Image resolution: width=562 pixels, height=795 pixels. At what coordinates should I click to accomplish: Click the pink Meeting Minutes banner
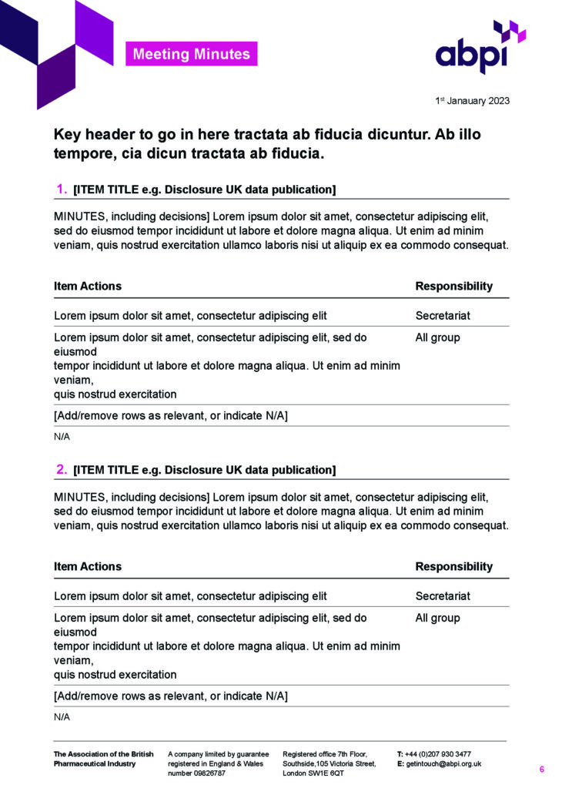click(191, 54)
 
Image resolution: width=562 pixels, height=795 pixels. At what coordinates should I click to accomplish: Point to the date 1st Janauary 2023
click(471, 101)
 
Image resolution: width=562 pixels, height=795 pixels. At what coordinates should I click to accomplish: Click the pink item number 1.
click(62, 190)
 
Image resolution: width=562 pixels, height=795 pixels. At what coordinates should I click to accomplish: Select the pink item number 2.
click(62, 469)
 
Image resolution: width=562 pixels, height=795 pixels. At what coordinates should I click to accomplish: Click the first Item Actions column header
click(88, 286)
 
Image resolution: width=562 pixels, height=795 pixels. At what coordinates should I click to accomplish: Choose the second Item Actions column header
click(88, 566)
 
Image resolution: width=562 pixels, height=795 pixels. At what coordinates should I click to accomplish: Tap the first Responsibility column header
click(453, 286)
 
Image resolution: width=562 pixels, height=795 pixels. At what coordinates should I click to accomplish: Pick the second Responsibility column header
click(453, 566)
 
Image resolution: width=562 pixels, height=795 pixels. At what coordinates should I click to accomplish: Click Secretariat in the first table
click(443, 315)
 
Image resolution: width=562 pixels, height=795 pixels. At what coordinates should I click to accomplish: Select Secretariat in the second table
click(443, 595)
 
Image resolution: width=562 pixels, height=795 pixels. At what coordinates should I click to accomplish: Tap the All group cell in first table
click(437, 337)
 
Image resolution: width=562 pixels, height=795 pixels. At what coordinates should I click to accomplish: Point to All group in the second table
click(437, 618)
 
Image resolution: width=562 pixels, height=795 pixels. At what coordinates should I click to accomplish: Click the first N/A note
click(62, 437)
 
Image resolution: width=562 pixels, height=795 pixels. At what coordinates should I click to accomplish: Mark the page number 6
click(541, 770)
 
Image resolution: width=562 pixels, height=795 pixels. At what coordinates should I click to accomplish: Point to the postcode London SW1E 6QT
click(313, 773)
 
